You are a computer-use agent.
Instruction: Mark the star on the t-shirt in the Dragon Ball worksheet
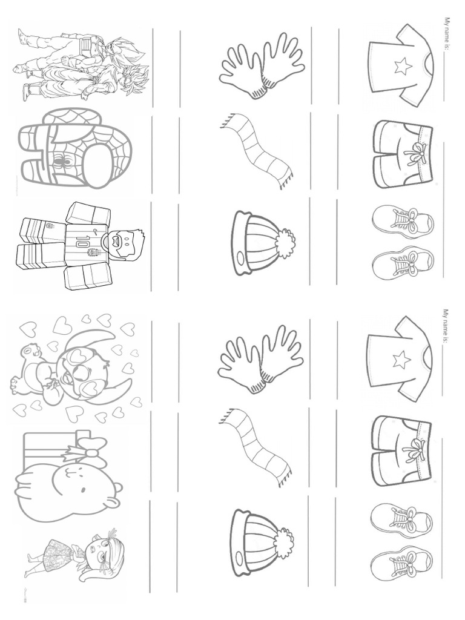tap(403, 67)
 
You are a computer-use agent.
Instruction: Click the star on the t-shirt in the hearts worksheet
tap(401, 361)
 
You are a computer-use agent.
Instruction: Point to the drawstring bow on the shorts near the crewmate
tap(417, 154)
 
